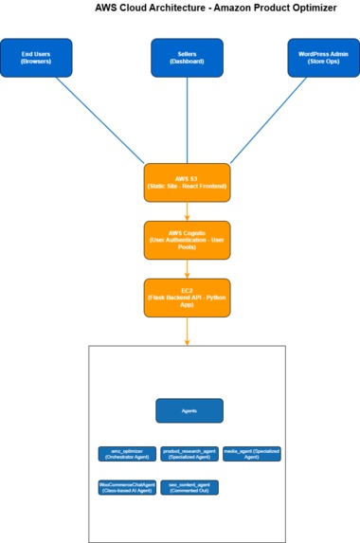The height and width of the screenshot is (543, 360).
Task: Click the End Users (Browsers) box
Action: [36, 57]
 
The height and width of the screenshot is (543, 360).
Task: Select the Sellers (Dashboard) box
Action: [187, 57]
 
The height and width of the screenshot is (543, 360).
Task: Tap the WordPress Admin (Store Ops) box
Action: [323, 57]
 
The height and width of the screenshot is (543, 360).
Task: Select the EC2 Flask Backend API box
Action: [187, 297]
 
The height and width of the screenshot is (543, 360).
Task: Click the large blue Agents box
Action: [189, 410]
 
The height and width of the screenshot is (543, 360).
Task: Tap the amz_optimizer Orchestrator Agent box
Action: [126, 454]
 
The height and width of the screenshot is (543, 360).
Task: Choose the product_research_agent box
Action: [189, 454]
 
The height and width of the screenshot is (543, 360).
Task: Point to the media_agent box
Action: [252, 454]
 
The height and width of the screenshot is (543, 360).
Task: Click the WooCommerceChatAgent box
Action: [126, 487]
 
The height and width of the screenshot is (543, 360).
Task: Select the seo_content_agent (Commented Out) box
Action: [189, 487]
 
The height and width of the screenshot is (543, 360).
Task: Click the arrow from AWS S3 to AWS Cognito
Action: [187, 210]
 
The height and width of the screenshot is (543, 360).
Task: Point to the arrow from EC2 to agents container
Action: [187, 330]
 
